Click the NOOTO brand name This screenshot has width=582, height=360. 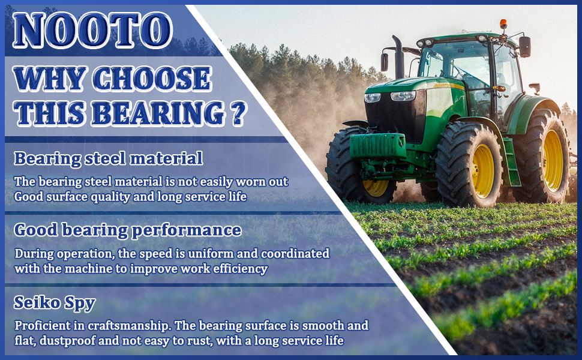point(92,30)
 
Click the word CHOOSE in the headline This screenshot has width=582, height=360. point(152,79)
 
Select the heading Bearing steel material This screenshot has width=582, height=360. point(109,158)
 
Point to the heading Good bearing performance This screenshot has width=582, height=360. point(128,230)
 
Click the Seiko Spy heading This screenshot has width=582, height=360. point(55,303)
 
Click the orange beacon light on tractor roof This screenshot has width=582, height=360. point(503,24)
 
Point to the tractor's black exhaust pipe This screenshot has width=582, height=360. point(398,57)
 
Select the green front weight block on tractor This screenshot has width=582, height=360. point(378,145)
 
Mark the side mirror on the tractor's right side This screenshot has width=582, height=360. point(525,47)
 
